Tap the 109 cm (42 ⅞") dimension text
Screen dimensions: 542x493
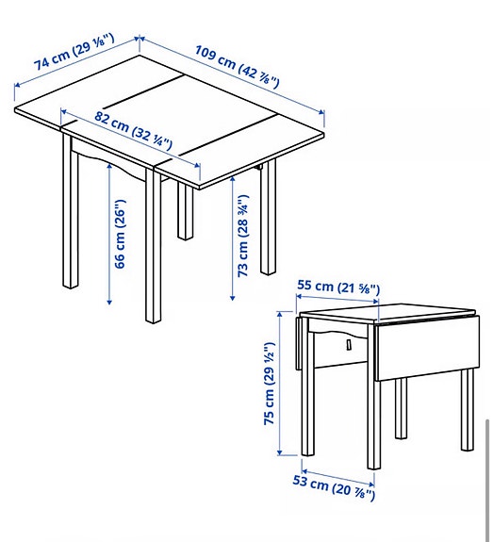click(x=238, y=66)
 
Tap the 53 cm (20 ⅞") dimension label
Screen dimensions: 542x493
click(x=337, y=488)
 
